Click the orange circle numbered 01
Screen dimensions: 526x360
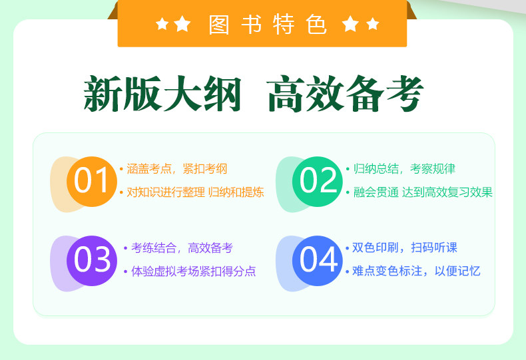pos(92,182)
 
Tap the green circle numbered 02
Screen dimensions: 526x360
pos(318,182)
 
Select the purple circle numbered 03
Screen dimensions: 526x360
pos(92,261)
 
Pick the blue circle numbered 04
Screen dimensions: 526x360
pos(318,261)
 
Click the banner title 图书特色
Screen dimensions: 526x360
pos(268,25)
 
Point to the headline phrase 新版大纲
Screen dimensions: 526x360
pos(162,93)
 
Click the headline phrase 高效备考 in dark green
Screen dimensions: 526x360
pos(346,93)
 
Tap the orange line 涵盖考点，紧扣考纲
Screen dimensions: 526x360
pos(177,168)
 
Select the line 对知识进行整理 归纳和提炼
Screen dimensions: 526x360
pos(195,192)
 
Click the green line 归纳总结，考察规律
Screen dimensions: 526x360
pos(404,168)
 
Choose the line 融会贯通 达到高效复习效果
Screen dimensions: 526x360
pos(423,192)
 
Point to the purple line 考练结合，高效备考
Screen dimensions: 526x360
pos(182,248)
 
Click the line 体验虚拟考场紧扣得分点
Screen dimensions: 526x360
pos(194,271)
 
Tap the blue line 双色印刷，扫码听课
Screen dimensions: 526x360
pos(405,248)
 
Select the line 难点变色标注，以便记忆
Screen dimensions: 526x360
pos(416,271)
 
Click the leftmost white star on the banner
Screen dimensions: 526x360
pos(162,24)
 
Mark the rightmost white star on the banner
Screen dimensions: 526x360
pos(373,24)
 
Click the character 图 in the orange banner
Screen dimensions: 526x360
pos(218,25)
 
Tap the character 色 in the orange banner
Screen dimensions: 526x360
pos(316,25)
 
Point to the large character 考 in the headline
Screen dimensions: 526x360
pos(405,93)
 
